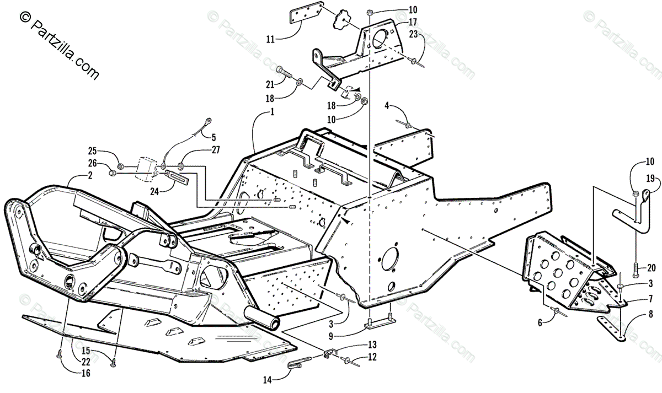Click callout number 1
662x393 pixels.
(x=271, y=112)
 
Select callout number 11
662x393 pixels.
(x=270, y=39)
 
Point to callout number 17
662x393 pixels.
(x=412, y=21)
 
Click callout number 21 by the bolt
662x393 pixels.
(x=269, y=84)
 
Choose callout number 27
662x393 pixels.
(x=215, y=149)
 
